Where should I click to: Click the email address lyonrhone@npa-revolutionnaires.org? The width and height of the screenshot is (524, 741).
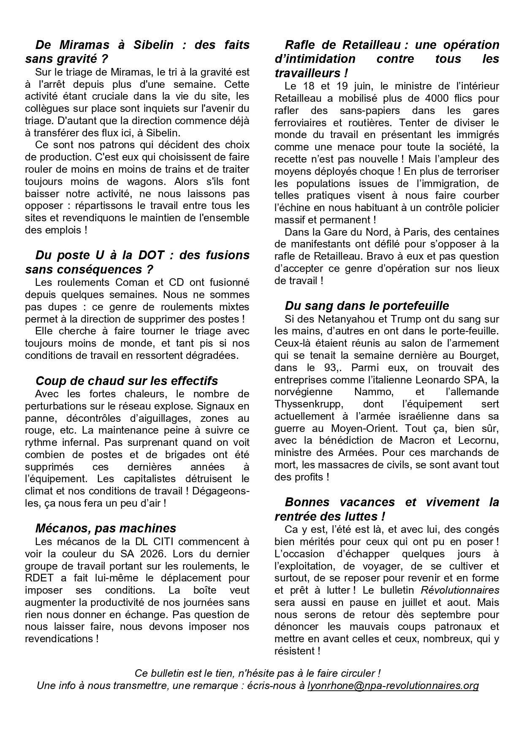tap(393, 685)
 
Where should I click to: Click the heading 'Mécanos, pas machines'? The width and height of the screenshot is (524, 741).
tap(106, 528)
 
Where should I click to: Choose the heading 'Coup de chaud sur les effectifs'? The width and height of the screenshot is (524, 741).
tap(127, 381)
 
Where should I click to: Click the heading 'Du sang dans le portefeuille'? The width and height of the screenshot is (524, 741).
tap(367, 306)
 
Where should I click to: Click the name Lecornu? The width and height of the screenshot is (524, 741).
tap(478, 440)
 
